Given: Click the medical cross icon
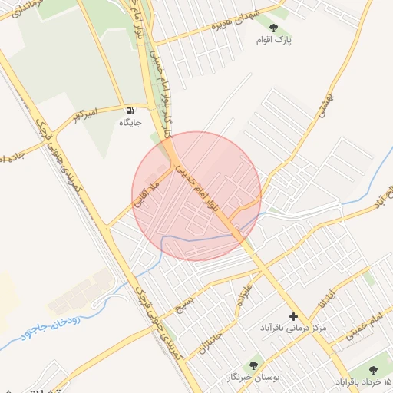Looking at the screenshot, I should (292, 315).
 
